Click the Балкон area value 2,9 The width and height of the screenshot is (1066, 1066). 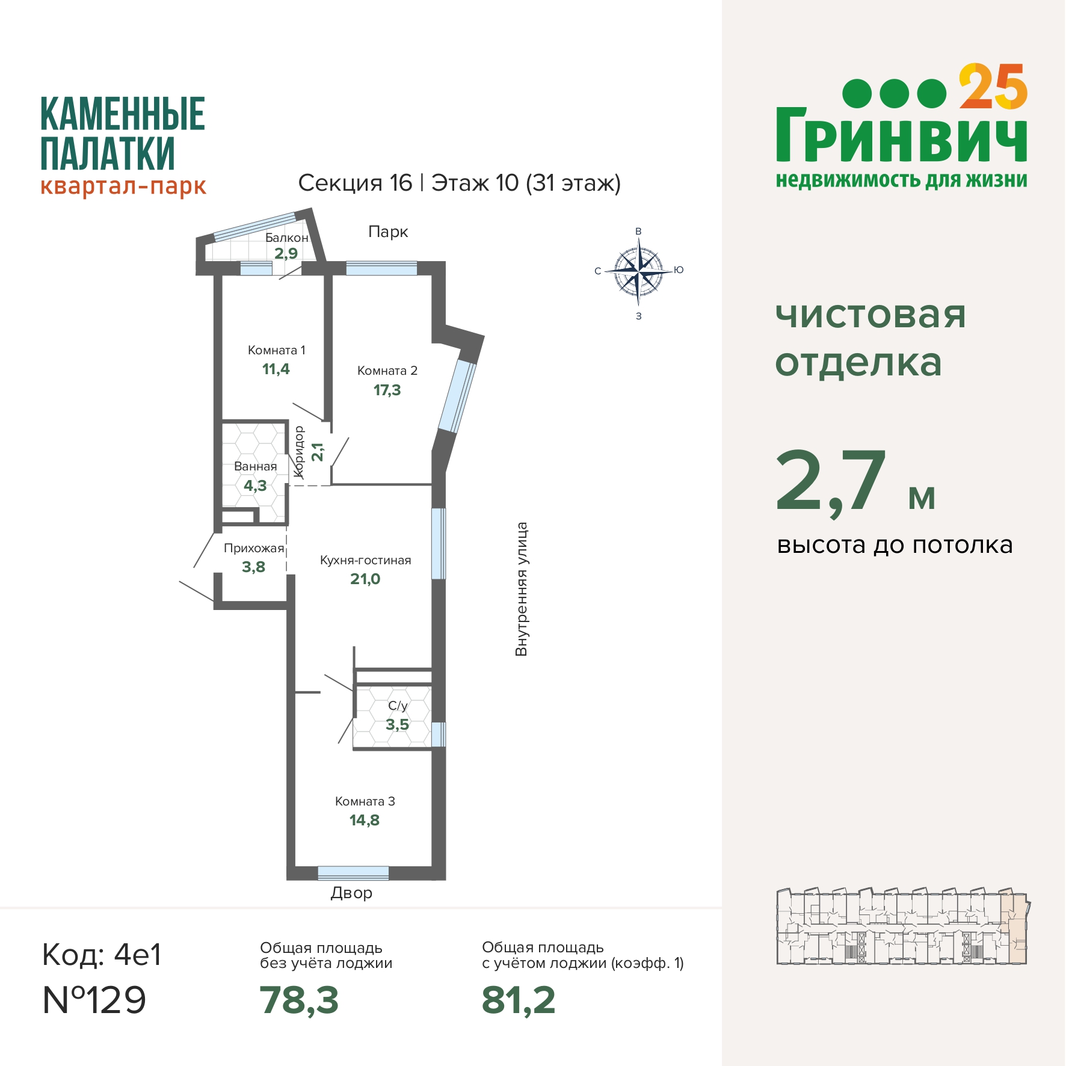click(x=286, y=253)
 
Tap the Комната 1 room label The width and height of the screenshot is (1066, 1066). click(x=277, y=350)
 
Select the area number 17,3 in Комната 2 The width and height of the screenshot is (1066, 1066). click(x=387, y=390)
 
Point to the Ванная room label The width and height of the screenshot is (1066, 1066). click(x=256, y=466)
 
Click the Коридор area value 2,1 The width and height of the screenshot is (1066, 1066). click(x=318, y=452)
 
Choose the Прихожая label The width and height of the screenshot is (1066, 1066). click(x=253, y=548)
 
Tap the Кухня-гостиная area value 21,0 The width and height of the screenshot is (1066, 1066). click(x=365, y=579)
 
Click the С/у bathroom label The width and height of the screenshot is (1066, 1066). click(x=398, y=706)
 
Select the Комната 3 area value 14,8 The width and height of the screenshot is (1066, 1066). click(x=365, y=821)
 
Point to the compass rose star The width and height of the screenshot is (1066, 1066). click(x=638, y=273)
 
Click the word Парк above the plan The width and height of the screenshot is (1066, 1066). click(x=388, y=232)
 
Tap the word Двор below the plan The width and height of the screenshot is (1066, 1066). click(x=351, y=893)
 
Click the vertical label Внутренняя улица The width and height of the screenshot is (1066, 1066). click(x=521, y=589)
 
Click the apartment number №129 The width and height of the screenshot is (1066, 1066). click(x=94, y=1000)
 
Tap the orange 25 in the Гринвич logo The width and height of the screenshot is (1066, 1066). click(x=993, y=88)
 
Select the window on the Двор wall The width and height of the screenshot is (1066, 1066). click(x=353, y=872)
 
